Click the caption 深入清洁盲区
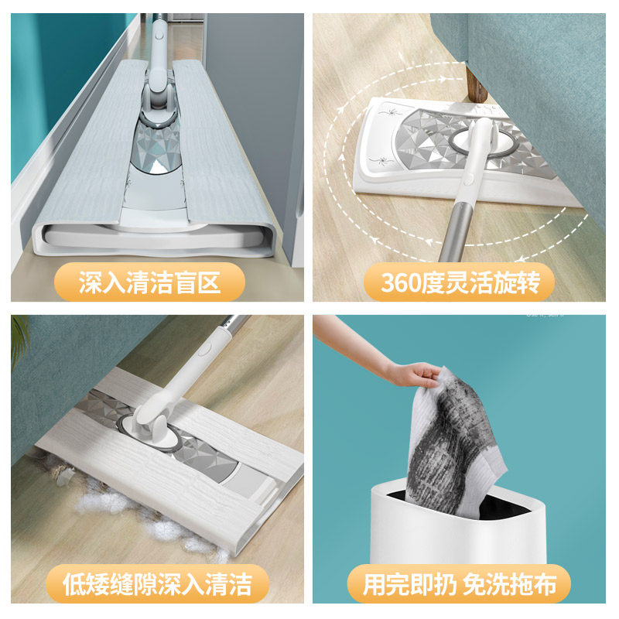coord(149,282)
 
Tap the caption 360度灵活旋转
coord(460,282)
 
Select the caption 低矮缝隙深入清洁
coord(158,583)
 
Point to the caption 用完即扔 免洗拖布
coord(460,584)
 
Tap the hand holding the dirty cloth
coord(414,374)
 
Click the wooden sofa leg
coord(476,84)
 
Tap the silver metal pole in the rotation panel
coord(457,233)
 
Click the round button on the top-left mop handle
coord(159,36)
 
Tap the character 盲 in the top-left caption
coord(185,282)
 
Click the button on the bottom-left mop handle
coord(205,350)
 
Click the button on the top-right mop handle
coord(468,180)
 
